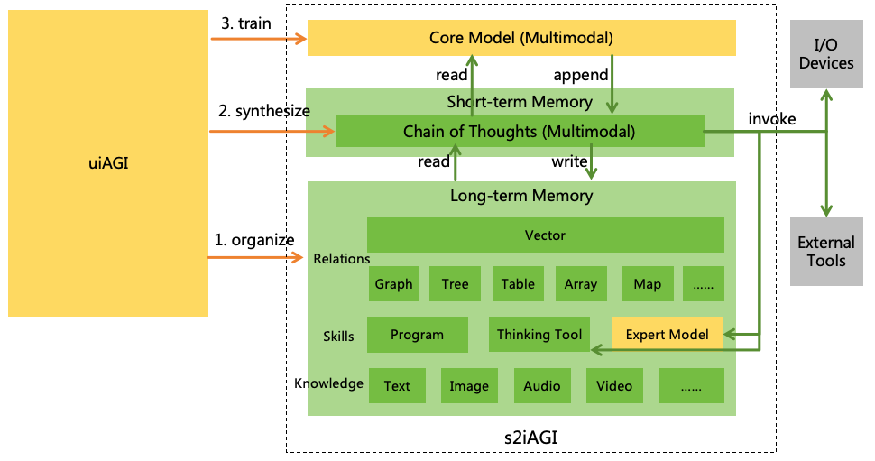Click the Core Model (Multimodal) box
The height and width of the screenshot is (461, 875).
pos(521,38)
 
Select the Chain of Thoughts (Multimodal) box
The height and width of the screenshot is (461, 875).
pos(519,132)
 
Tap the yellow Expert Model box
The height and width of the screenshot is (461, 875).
pos(668,335)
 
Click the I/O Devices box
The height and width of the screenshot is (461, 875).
pos(826,55)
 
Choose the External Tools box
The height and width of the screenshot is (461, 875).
pos(826,252)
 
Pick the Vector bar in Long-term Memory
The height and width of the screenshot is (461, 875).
pos(545,235)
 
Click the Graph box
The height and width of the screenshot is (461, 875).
pos(393,284)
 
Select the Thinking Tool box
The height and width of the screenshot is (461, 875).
pos(539,335)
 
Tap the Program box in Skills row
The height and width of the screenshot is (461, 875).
pos(417,335)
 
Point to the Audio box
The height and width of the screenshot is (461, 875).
pos(541,386)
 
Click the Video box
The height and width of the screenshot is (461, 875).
pos(614,386)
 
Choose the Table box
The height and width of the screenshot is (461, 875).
pos(518,284)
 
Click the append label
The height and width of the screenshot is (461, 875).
pos(580,75)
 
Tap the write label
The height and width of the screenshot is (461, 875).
pos(570,162)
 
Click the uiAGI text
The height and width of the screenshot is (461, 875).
pos(108,163)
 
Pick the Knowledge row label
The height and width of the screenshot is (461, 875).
pos(328,383)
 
